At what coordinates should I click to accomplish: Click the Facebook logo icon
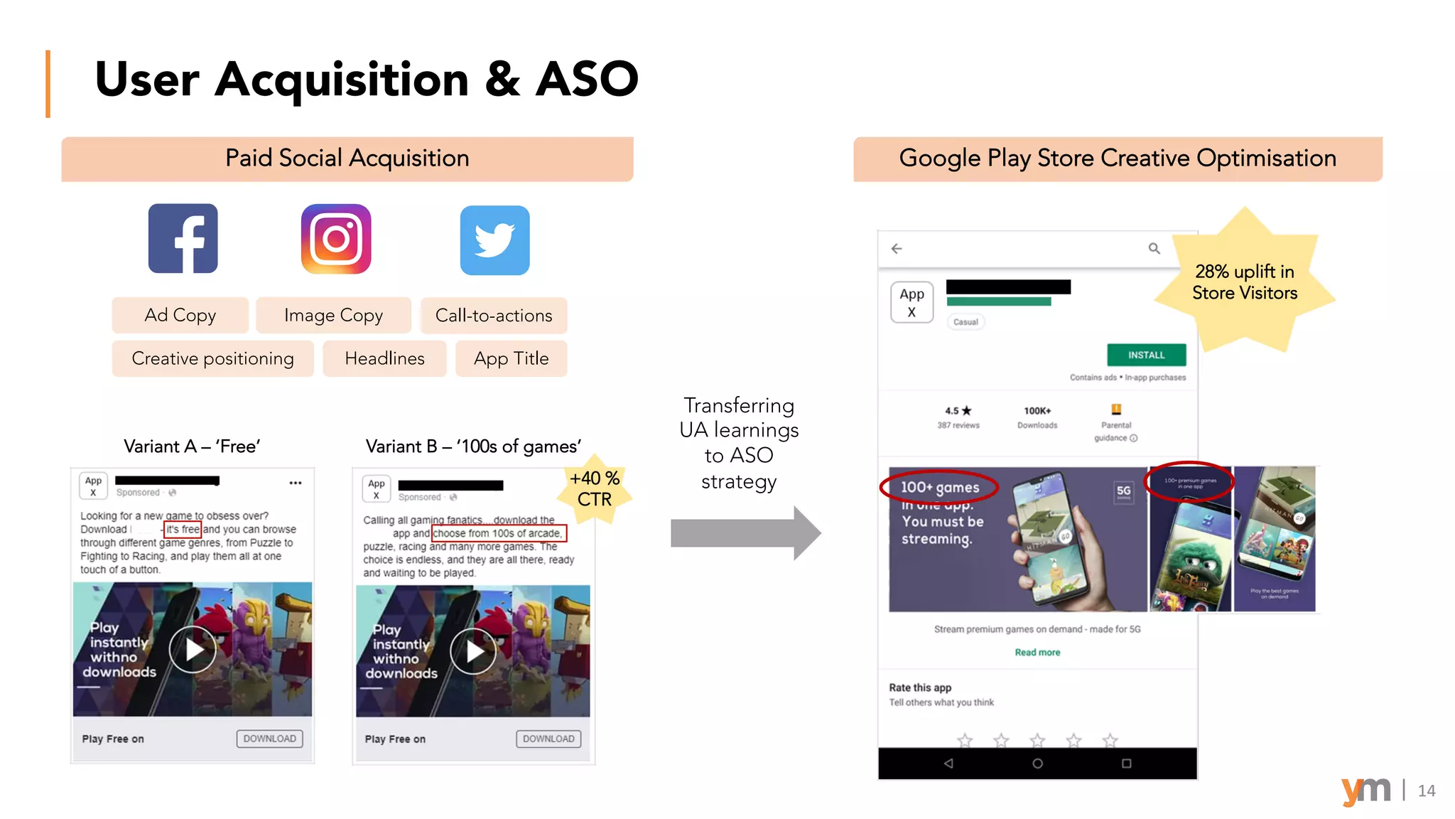pyautogui.click(x=183, y=239)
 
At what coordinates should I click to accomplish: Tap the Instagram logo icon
pyautogui.click(x=336, y=239)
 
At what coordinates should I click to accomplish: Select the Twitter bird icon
pyautogui.click(x=494, y=240)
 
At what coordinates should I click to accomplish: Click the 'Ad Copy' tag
pyautogui.click(x=180, y=315)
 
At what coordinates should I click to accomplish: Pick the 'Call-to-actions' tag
pyautogui.click(x=494, y=316)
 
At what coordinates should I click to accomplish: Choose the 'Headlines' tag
pyautogui.click(x=384, y=358)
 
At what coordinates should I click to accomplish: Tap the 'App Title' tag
pyautogui.click(x=511, y=358)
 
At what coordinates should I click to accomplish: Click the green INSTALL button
pyautogui.click(x=1146, y=355)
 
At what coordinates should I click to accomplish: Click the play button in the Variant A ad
pyautogui.click(x=193, y=649)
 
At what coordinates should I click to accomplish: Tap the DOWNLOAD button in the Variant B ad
pyautogui.click(x=548, y=739)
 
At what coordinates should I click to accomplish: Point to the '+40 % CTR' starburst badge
pyautogui.click(x=595, y=488)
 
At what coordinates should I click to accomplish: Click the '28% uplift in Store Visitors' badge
pyautogui.click(x=1245, y=282)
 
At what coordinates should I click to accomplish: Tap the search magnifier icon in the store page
pyautogui.click(x=1154, y=248)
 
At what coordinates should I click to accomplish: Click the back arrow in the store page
pyautogui.click(x=897, y=248)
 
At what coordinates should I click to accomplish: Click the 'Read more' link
pyautogui.click(x=1037, y=652)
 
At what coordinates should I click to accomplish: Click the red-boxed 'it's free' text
pyautogui.click(x=183, y=529)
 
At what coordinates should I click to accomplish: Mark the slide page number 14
pyautogui.click(x=1426, y=791)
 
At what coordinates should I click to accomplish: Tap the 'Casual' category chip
pyautogui.click(x=966, y=322)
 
